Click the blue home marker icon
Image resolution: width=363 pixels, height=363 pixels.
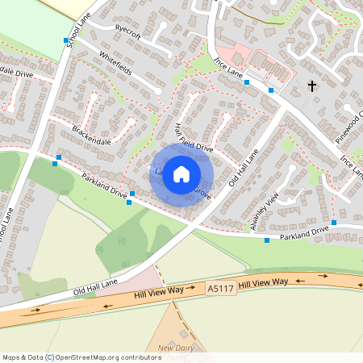181,173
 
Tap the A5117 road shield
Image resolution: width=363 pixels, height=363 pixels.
220,287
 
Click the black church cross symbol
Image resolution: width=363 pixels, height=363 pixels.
313,86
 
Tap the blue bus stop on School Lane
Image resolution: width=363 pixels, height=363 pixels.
66,40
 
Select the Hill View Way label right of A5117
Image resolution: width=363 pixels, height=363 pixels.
264,282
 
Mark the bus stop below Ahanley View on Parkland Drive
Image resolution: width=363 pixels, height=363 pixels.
267,240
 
